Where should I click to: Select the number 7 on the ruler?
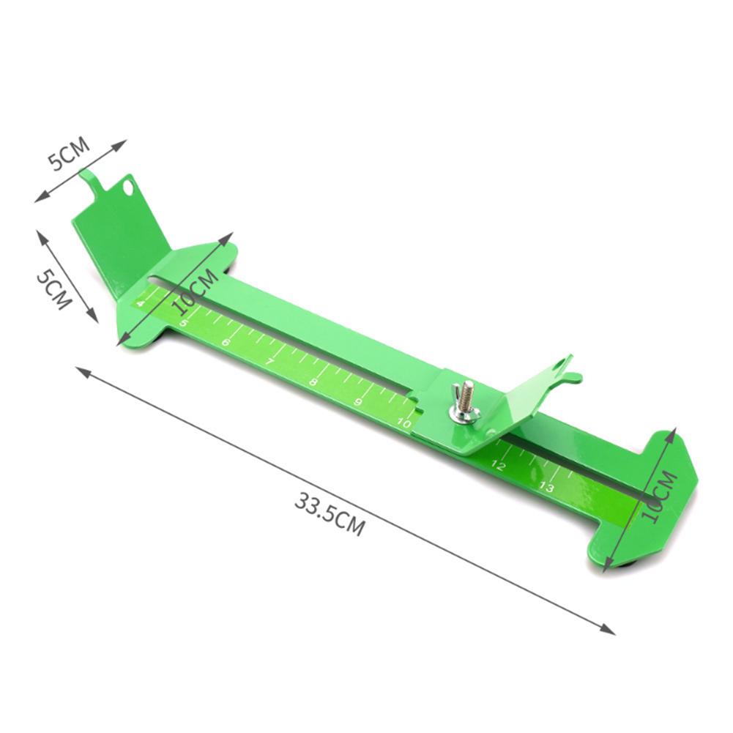(x=269, y=362)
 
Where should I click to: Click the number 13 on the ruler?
(x=546, y=487)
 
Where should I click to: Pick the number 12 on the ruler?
(x=499, y=465)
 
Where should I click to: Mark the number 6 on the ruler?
(x=226, y=343)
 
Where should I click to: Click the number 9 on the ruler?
(x=358, y=402)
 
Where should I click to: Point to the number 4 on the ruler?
(x=140, y=303)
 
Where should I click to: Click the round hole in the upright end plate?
(x=130, y=188)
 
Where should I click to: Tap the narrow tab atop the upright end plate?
(x=89, y=181)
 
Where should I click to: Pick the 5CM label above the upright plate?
(x=70, y=156)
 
